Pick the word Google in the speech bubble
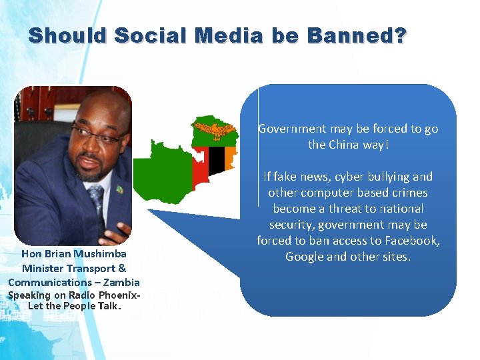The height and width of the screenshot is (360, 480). coord(304,257)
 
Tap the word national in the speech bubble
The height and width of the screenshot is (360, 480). coord(400,209)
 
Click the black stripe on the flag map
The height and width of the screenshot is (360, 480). coord(216,161)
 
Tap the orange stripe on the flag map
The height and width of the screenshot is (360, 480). coord(230,157)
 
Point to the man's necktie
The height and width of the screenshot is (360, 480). coord(97,200)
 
